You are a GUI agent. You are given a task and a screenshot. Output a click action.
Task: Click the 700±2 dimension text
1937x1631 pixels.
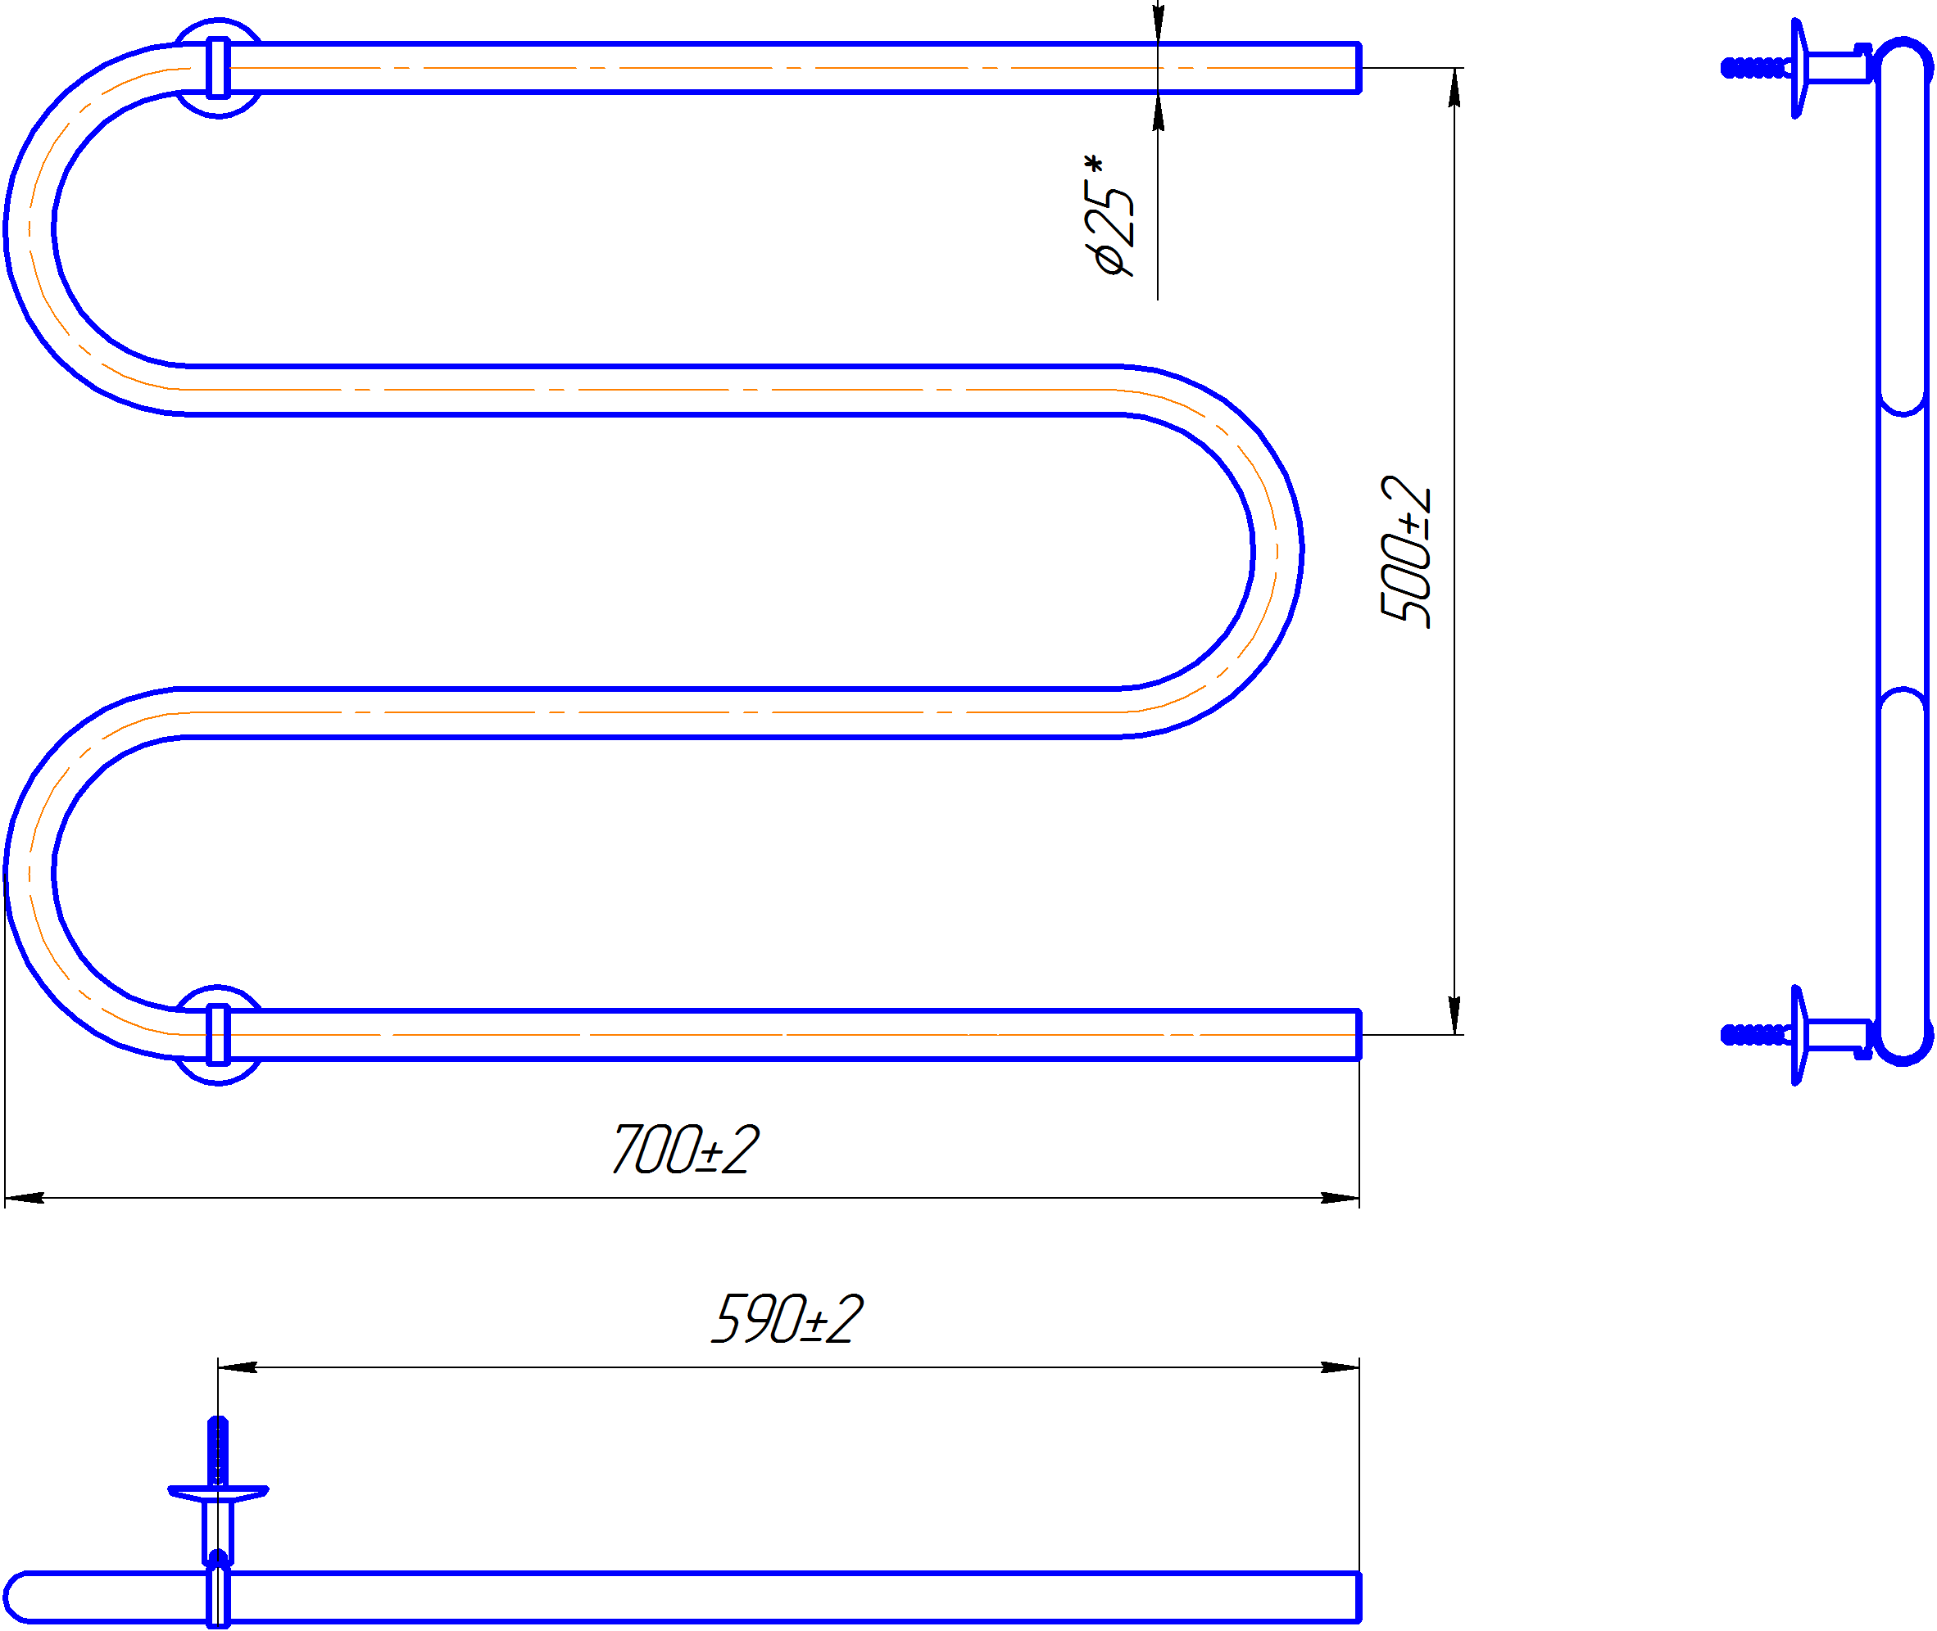click(686, 1150)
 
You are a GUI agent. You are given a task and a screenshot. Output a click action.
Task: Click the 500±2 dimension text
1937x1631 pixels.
click(1406, 552)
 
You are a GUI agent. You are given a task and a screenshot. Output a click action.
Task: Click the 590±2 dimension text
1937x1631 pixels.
click(787, 1318)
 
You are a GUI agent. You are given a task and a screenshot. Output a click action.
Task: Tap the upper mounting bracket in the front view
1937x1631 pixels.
click(218, 67)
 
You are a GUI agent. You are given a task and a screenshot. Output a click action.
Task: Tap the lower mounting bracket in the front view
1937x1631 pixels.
click(218, 1035)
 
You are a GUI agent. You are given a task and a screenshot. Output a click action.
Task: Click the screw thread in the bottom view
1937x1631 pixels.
click(217, 1451)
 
